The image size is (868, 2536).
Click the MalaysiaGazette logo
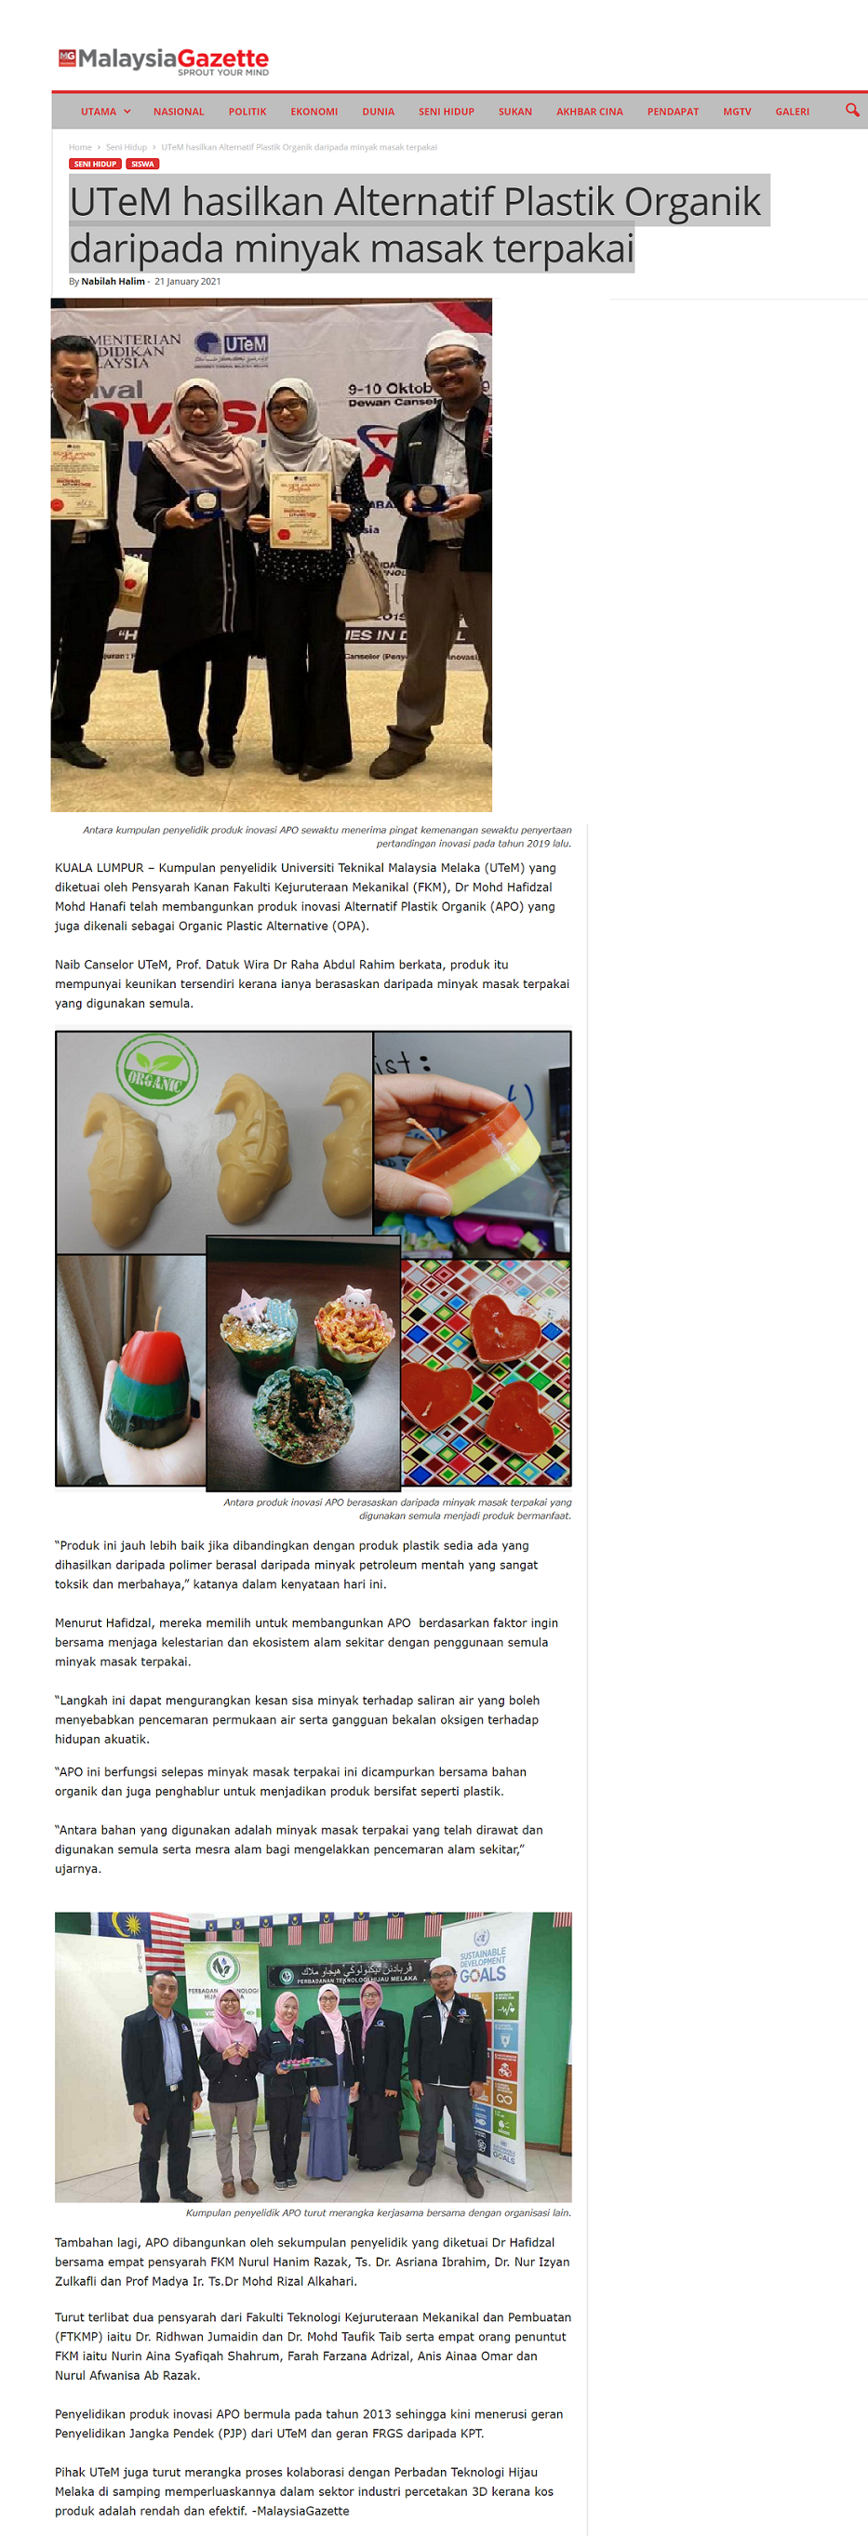click(164, 61)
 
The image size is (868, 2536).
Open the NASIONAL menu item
click(178, 113)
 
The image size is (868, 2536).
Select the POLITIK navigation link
click(247, 113)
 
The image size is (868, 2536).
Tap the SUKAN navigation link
click(514, 113)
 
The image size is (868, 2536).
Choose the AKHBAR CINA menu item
click(590, 113)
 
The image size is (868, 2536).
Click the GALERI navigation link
click(793, 113)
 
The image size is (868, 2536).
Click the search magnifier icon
click(852, 111)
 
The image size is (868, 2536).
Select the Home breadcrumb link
click(80, 147)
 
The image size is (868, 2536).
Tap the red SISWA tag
click(142, 165)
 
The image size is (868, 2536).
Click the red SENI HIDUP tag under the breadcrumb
click(96, 165)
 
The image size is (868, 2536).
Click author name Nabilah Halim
click(113, 282)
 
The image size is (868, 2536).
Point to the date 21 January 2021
click(187, 282)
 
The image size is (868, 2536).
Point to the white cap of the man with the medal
click(456, 341)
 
